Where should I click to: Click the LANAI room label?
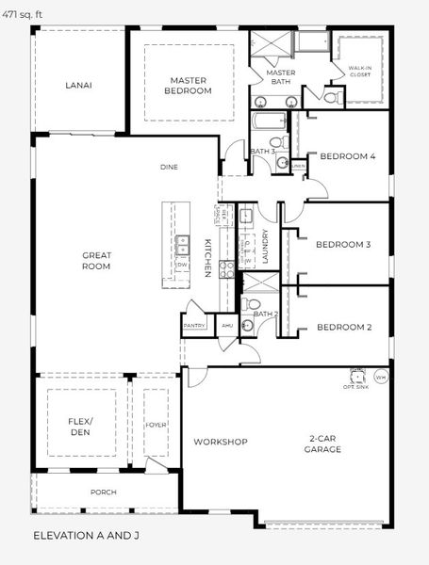pyautogui.click(x=78, y=85)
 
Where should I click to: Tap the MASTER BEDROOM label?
pyautogui.click(x=189, y=86)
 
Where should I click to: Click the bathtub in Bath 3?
pyautogui.click(x=271, y=121)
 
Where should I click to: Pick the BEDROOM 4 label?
pyautogui.click(x=348, y=156)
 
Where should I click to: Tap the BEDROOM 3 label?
pyautogui.click(x=342, y=245)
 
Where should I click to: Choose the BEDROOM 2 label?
pyautogui.click(x=343, y=328)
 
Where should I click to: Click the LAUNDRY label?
pyautogui.click(x=267, y=249)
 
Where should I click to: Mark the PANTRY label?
pyautogui.click(x=194, y=326)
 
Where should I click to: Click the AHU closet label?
pyautogui.click(x=226, y=326)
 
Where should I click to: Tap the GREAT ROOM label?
pyautogui.click(x=97, y=260)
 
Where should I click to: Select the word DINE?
pyautogui.click(x=169, y=167)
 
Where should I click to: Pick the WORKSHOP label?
pyautogui.click(x=220, y=442)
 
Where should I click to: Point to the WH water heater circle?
pyautogui.click(x=381, y=378)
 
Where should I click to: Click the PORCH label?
pyautogui.click(x=103, y=492)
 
